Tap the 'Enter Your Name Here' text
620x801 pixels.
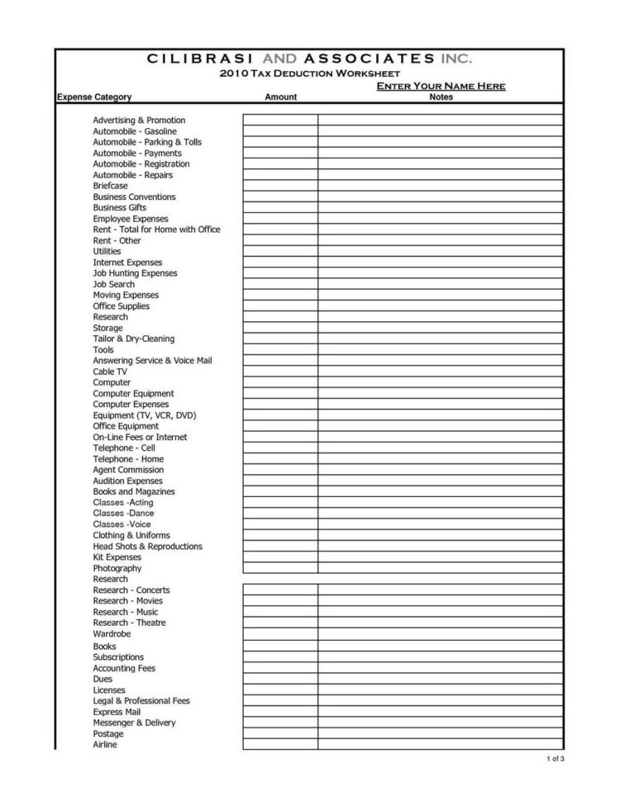point(441,87)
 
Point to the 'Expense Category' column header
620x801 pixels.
point(94,97)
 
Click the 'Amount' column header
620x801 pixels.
point(280,97)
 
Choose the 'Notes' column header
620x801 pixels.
point(441,97)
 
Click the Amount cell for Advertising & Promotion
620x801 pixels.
point(280,120)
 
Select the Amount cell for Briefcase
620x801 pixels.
point(280,186)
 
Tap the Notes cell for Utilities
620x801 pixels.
point(441,251)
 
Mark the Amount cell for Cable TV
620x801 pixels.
point(280,372)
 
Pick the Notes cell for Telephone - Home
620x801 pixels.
point(441,459)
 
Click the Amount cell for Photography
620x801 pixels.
point(280,568)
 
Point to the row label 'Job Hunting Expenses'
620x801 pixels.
point(135,273)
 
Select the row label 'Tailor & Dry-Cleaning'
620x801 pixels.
point(134,339)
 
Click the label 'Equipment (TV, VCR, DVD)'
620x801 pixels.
point(145,415)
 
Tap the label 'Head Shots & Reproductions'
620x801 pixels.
point(147,547)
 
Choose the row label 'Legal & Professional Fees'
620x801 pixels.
point(141,701)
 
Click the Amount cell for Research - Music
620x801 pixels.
point(280,612)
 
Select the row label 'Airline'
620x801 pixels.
point(105,745)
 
